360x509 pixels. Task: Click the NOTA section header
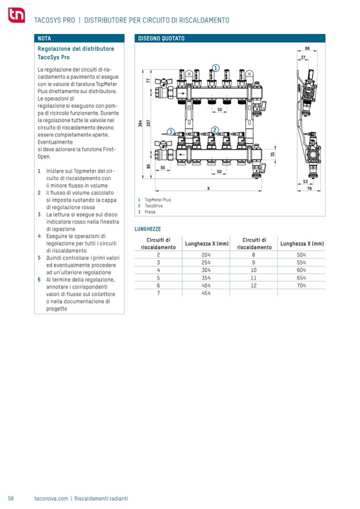point(45,39)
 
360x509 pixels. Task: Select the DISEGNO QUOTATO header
point(161,39)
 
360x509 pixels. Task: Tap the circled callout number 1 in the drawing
point(215,67)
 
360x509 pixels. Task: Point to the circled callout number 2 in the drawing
point(215,130)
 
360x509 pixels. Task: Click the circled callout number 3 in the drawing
point(171,132)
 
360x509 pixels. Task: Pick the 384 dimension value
point(140,123)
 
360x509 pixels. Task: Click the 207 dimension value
point(149,123)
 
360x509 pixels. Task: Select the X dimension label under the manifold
point(208,188)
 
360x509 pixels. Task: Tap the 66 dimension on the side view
point(307,49)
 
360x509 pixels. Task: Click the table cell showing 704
point(302,285)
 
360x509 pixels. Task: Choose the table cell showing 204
point(207,255)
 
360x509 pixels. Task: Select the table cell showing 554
point(302,262)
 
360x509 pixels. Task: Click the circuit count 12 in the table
point(253,285)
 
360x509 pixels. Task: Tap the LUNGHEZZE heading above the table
point(148,228)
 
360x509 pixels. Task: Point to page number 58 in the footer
point(11,498)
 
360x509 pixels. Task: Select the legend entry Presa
point(150,212)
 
